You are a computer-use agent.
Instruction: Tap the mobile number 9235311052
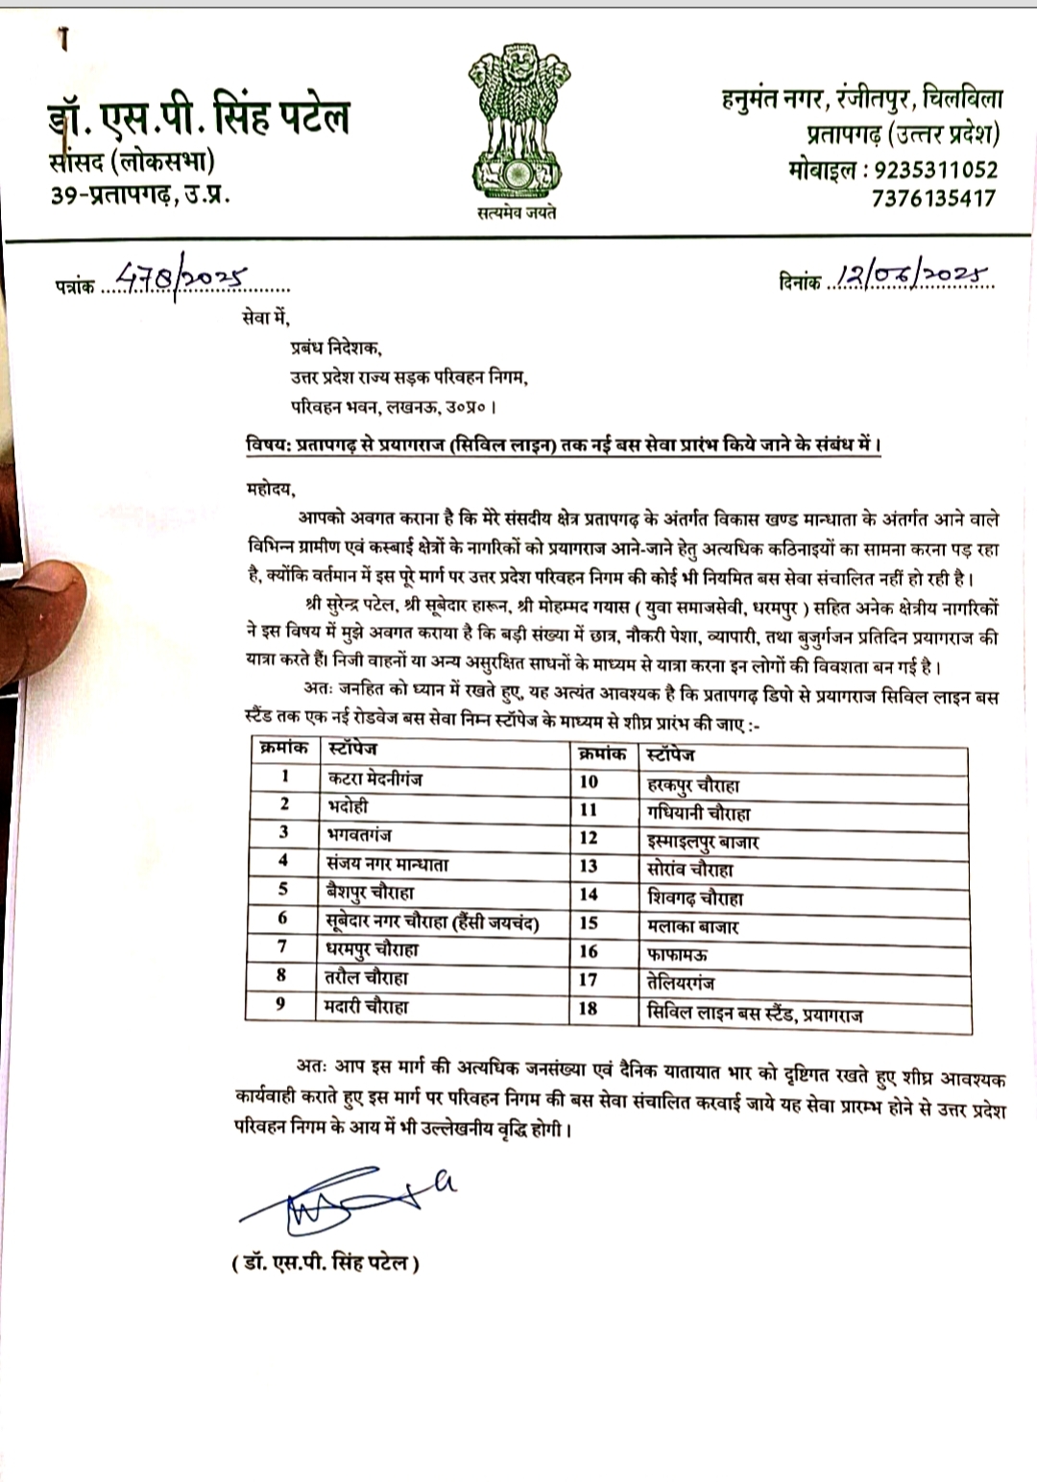(931, 170)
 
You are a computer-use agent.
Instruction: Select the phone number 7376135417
(934, 199)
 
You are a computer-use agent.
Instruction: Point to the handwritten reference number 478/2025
(180, 279)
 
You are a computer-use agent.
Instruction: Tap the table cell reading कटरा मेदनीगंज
(374, 778)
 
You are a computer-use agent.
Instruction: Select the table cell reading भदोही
(348, 805)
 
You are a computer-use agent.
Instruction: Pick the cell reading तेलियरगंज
(681, 983)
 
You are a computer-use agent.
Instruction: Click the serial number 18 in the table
(588, 1008)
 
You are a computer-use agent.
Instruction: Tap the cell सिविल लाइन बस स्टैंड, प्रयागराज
(755, 1013)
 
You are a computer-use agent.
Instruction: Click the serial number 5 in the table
(283, 889)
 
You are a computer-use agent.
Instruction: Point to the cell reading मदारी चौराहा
(367, 1006)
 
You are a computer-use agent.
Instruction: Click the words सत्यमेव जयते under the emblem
(517, 212)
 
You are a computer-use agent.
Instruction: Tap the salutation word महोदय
(266, 490)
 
